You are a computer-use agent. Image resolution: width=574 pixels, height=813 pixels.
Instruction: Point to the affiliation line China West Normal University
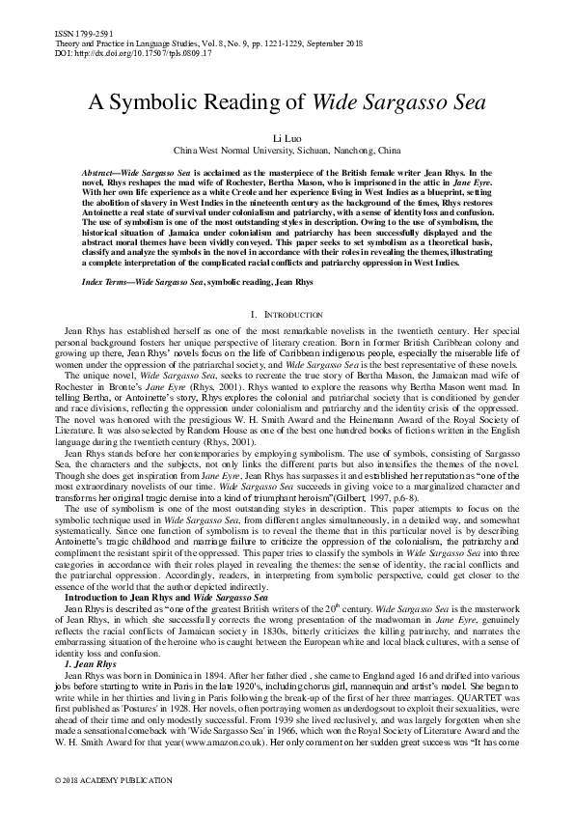point(287,152)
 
